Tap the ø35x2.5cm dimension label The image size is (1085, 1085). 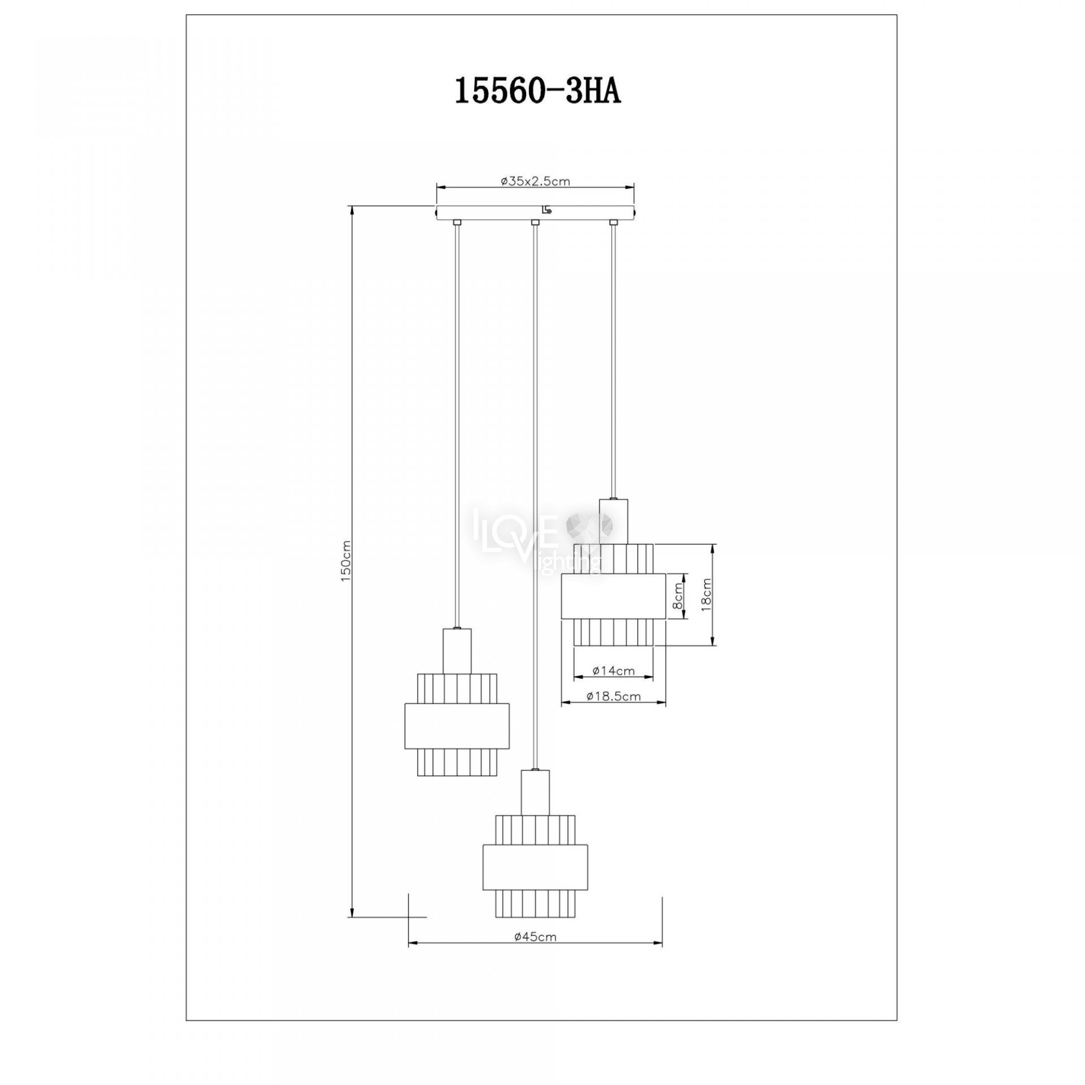[x=535, y=182]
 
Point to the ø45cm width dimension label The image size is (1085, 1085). [x=535, y=936]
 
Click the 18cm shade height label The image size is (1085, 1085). [x=705, y=593]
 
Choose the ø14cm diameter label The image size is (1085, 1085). [x=614, y=671]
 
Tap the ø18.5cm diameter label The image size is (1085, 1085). [x=614, y=696]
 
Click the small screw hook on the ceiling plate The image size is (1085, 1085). [x=546, y=211]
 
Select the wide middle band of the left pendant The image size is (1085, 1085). [x=457, y=726]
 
